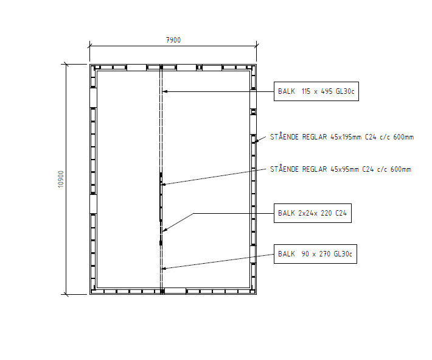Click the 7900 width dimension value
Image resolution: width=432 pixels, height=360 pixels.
pyautogui.click(x=173, y=40)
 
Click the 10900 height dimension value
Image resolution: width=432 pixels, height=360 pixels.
pyautogui.click(x=61, y=179)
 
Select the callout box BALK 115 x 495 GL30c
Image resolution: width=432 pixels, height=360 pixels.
pyautogui.click(x=316, y=91)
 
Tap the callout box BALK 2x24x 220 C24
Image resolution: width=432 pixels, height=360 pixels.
pyautogui.click(x=313, y=213)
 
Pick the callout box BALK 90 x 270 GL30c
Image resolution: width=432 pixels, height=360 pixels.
pyautogui.click(x=315, y=254)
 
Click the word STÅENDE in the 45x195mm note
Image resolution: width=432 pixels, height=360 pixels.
pyautogui.click(x=284, y=136)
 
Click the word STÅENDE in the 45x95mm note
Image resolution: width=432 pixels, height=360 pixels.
pyautogui.click(x=284, y=169)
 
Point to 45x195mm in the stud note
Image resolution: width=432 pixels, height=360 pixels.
pyautogui.click(x=346, y=137)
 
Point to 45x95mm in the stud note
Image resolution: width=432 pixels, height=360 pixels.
pyautogui.click(x=344, y=169)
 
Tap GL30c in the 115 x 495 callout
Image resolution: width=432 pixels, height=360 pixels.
pyautogui.click(x=344, y=91)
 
